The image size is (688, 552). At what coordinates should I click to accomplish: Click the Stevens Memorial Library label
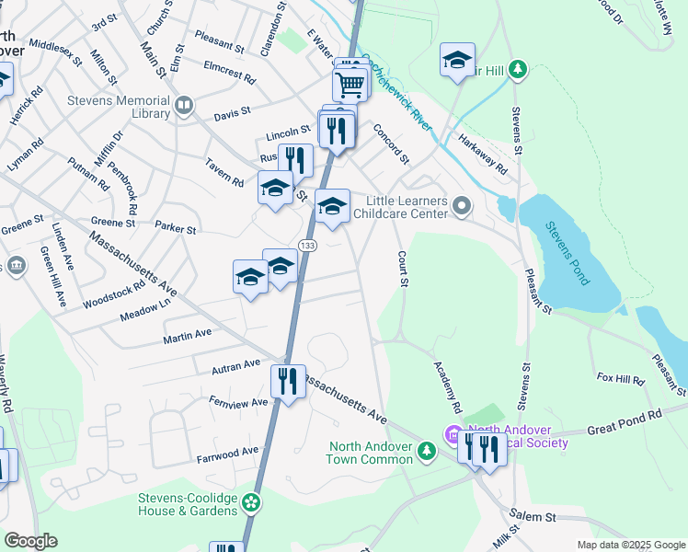118,107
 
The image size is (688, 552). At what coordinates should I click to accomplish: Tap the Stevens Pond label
568,253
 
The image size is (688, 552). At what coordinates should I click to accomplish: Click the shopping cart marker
350,85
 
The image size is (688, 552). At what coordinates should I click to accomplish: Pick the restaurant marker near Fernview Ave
288,382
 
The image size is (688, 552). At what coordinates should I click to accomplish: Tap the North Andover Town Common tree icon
426,452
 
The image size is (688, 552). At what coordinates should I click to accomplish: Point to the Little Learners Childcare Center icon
461,207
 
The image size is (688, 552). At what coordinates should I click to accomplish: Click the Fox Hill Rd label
620,378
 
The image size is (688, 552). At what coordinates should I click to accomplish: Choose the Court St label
402,268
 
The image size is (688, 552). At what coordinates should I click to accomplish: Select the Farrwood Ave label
227,454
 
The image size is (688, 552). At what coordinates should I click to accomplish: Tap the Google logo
30,541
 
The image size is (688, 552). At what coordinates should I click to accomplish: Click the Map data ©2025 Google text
631,545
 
